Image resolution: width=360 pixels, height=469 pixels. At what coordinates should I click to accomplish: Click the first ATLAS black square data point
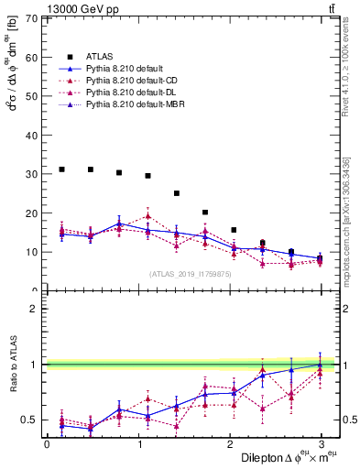click(61, 169)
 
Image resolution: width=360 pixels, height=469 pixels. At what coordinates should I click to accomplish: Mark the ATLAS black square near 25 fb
click(177, 193)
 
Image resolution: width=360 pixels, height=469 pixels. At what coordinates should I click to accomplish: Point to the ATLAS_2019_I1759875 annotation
click(189, 273)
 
